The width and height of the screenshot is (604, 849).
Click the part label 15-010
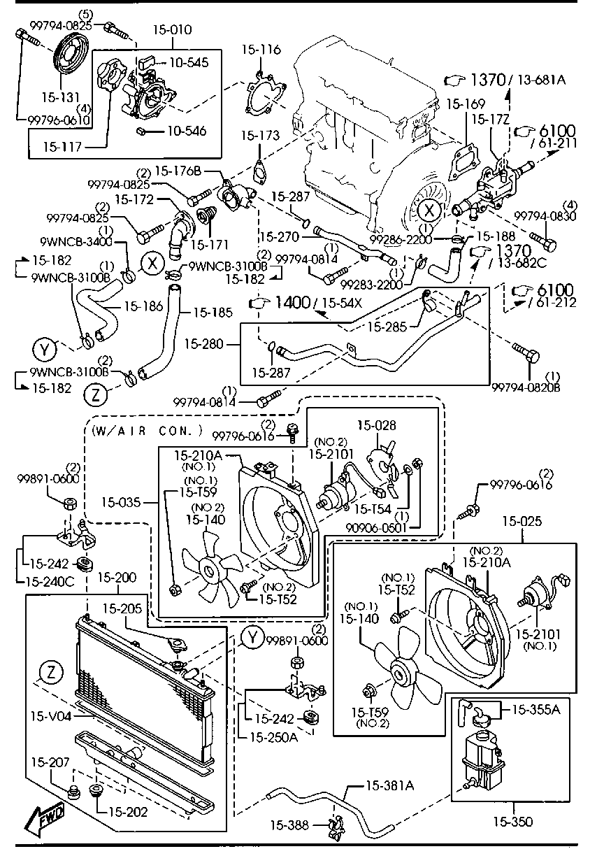click(x=173, y=29)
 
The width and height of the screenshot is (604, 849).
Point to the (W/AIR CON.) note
click(x=148, y=431)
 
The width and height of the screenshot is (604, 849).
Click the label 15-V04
click(x=51, y=716)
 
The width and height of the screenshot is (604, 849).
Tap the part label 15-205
click(x=122, y=608)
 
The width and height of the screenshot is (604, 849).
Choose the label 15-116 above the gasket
click(x=261, y=50)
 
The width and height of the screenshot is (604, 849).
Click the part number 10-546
click(x=187, y=131)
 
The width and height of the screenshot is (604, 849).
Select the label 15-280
click(x=204, y=344)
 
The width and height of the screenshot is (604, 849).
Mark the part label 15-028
click(x=377, y=425)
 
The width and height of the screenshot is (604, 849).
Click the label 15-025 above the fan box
click(x=522, y=522)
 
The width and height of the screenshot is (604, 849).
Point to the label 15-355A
click(x=535, y=710)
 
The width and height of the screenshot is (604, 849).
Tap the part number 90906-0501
click(x=376, y=527)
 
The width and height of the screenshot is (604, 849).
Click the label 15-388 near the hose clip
click(x=289, y=825)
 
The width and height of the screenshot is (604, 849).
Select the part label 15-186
click(x=143, y=306)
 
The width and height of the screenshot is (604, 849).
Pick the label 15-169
click(x=466, y=104)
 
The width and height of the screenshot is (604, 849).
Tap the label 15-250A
click(x=273, y=737)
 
